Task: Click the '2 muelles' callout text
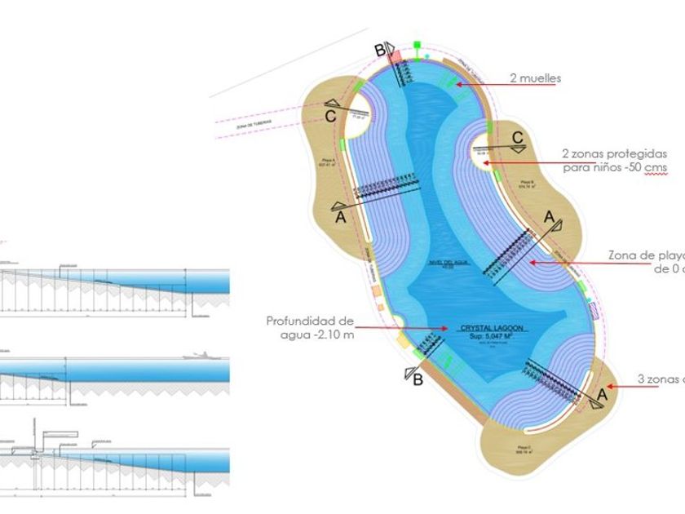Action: (535, 79)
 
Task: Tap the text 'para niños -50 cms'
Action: (615, 167)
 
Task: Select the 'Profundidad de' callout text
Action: (310, 321)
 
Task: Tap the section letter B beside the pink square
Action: (379, 51)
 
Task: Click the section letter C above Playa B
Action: (517, 138)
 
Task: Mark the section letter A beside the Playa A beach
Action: (340, 218)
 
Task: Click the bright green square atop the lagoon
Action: (417, 44)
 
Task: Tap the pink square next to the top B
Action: (395, 57)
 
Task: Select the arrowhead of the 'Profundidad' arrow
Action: (445, 328)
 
